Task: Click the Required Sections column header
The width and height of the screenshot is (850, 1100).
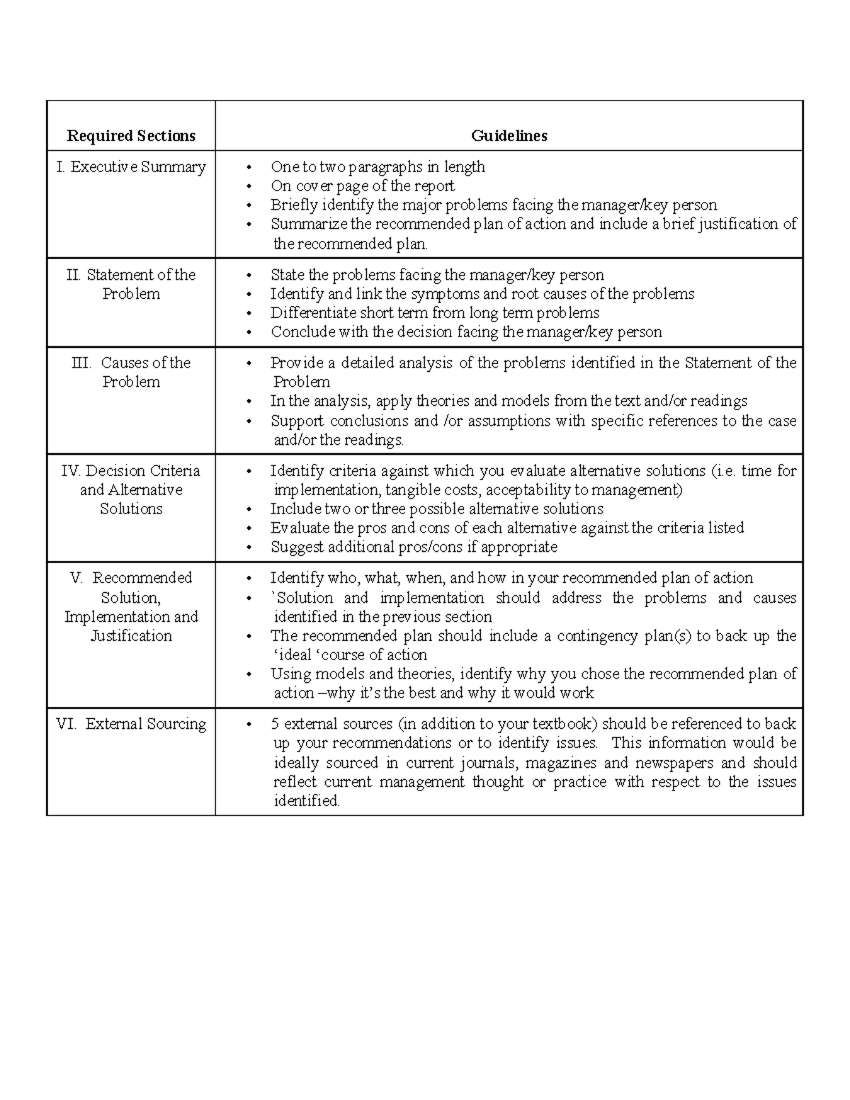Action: pos(131,136)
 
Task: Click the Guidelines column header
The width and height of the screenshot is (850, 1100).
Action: pos(509,136)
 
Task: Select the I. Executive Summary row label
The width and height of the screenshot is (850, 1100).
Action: pos(132,167)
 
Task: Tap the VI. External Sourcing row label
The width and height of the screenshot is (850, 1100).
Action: pos(131,724)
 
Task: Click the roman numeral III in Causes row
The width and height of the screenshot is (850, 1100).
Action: pos(81,363)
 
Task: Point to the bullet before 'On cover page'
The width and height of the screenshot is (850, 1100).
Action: pos(248,187)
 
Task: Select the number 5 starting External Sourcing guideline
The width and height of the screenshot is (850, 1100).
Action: pos(275,724)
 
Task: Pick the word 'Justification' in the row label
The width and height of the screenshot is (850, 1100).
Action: pos(131,636)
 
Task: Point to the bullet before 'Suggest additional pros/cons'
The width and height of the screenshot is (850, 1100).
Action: pos(248,548)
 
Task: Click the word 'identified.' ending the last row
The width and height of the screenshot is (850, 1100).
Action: pos(307,801)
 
